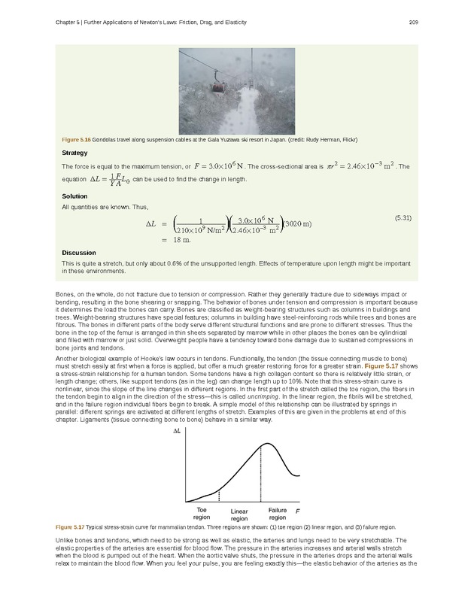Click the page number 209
click(413, 22)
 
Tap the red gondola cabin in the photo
click(217, 86)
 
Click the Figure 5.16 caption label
click(76, 140)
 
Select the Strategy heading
click(74, 153)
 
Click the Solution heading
click(74, 196)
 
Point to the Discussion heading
click(77, 253)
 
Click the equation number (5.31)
click(403, 217)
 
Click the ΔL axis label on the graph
click(177, 432)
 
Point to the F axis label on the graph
click(297, 511)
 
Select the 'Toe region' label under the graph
click(201, 514)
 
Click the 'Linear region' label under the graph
click(239, 515)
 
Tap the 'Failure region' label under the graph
click(278, 514)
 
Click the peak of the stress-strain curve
click(261, 445)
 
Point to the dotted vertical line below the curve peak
click(261, 474)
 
